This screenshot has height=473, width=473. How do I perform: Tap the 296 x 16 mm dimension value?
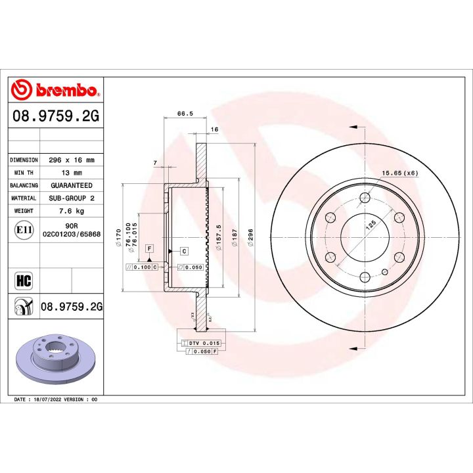pyautogui.click(x=72, y=160)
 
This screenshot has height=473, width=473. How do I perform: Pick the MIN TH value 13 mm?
pyautogui.click(x=72, y=173)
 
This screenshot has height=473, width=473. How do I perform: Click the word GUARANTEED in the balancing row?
pyautogui.click(x=72, y=185)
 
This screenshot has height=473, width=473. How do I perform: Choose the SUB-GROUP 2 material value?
pyautogui.click(x=72, y=198)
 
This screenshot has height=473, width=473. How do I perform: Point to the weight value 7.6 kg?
pyautogui.click(x=72, y=211)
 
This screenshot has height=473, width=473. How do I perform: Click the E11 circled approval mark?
pyautogui.click(x=23, y=229)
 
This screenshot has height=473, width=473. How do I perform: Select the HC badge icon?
pyautogui.click(x=23, y=281)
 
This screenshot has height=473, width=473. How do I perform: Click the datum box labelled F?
pyautogui.click(x=150, y=248)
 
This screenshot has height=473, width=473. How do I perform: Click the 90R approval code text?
pyautogui.click(x=72, y=225)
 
